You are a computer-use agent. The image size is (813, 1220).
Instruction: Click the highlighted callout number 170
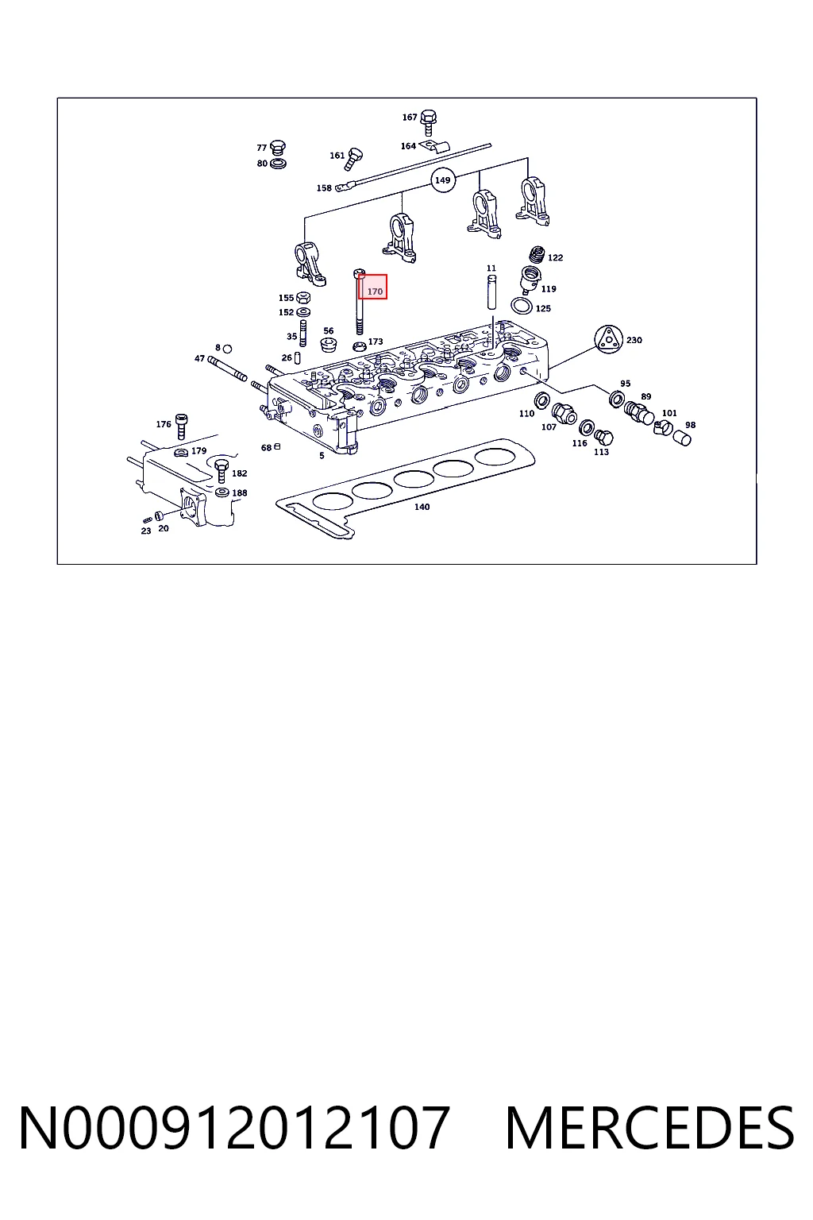(x=375, y=291)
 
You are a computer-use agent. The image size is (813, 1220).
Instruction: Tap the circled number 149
(x=443, y=180)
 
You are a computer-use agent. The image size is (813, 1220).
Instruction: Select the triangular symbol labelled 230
(x=607, y=339)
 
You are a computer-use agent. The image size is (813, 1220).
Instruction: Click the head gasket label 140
(x=422, y=507)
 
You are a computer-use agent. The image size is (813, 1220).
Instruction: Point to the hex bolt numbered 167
(x=429, y=122)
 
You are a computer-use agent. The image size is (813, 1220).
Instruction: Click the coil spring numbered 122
(x=537, y=254)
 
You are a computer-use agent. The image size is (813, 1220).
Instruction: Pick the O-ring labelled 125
(x=522, y=306)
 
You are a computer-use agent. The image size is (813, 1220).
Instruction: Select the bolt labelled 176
(x=182, y=427)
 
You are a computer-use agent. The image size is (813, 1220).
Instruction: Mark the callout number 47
(x=199, y=358)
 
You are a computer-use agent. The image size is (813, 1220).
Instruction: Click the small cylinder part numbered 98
(x=682, y=437)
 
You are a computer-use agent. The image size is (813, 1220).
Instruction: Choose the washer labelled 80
(x=278, y=163)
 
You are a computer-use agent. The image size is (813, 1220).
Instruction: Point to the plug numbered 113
(x=603, y=437)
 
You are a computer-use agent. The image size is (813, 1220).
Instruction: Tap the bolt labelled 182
(x=222, y=470)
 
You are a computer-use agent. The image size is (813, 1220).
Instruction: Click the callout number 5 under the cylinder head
(x=322, y=455)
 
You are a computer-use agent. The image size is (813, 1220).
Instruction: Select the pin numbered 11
(x=491, y=292)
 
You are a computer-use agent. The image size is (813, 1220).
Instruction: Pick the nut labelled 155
(x=303, y=297)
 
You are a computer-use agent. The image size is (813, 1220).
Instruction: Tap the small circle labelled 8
(x=228, y=349)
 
